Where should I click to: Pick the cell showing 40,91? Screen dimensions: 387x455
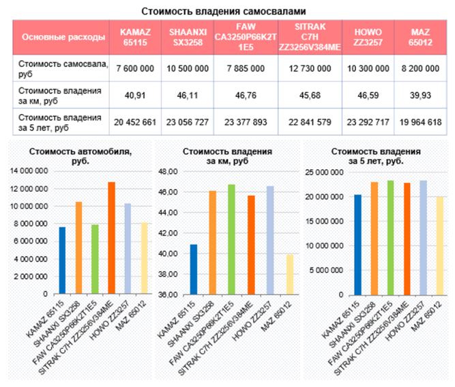136,95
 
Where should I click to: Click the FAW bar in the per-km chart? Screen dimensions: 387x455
231,239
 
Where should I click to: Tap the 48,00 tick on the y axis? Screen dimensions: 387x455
168,172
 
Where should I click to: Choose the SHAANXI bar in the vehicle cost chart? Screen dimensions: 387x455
78,248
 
